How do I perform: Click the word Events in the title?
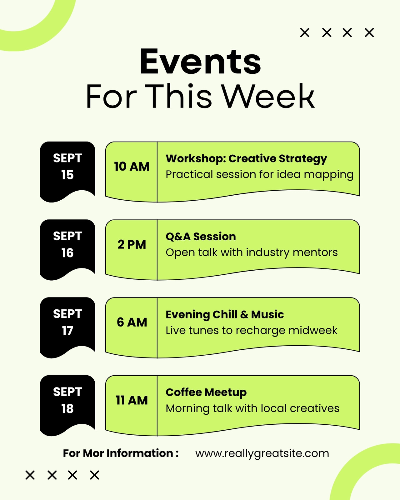point(200,61)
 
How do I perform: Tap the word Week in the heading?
point(267,97)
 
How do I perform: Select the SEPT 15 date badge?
point(67,172)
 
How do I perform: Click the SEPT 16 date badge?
point(67,250)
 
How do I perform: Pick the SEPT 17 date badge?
point(67,327)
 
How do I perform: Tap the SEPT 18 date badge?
point(67,405)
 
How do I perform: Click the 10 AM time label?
point(132,167)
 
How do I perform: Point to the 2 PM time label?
point(132,244)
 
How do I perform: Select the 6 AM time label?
point(132,322)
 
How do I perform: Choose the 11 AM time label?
point(132,400)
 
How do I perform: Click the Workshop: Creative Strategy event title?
point(246,159)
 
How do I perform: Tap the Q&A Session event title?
point(201,237)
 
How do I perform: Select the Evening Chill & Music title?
point(225,315)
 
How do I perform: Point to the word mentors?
point(315,252)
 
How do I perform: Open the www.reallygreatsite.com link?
point(262,453)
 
